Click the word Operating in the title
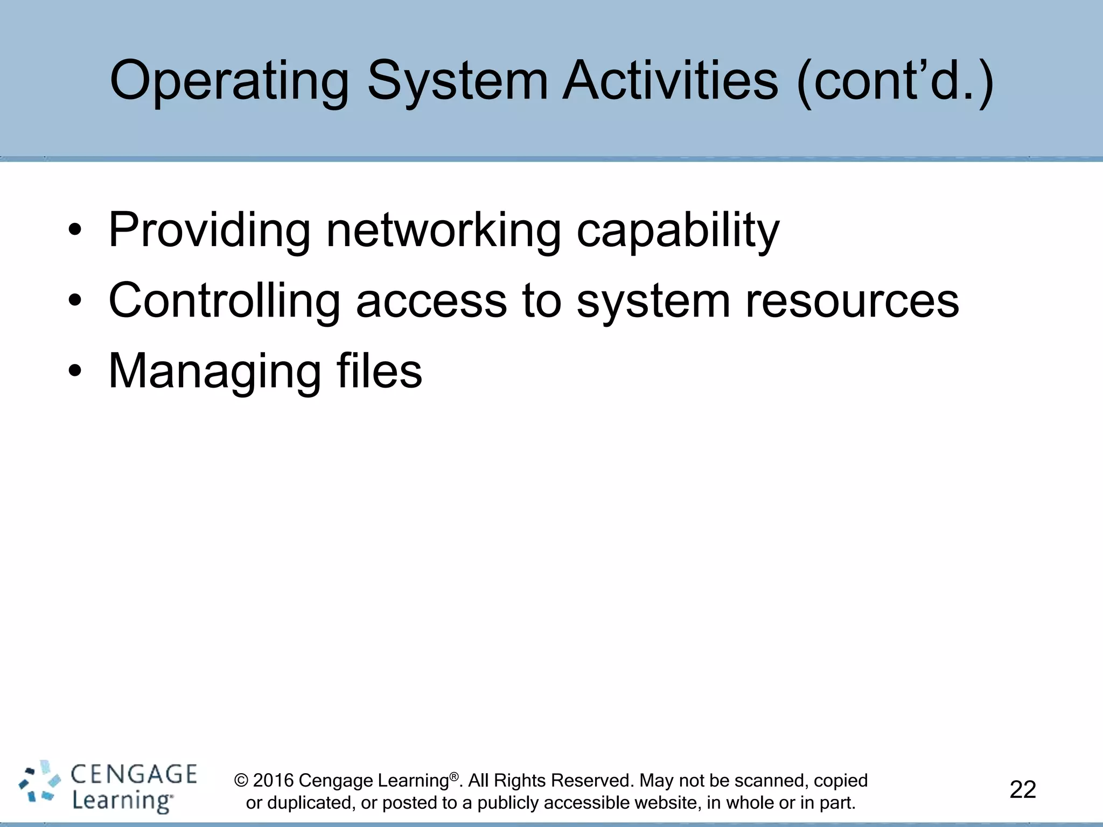point(229,82)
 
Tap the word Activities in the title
point(669,81)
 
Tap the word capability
point(678,230)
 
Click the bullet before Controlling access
point(75,302)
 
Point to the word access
point(431,302)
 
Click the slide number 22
point(1022,790)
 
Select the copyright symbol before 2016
point(241,781)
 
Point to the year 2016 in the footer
point(273,781)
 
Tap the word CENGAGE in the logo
point(134,775)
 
